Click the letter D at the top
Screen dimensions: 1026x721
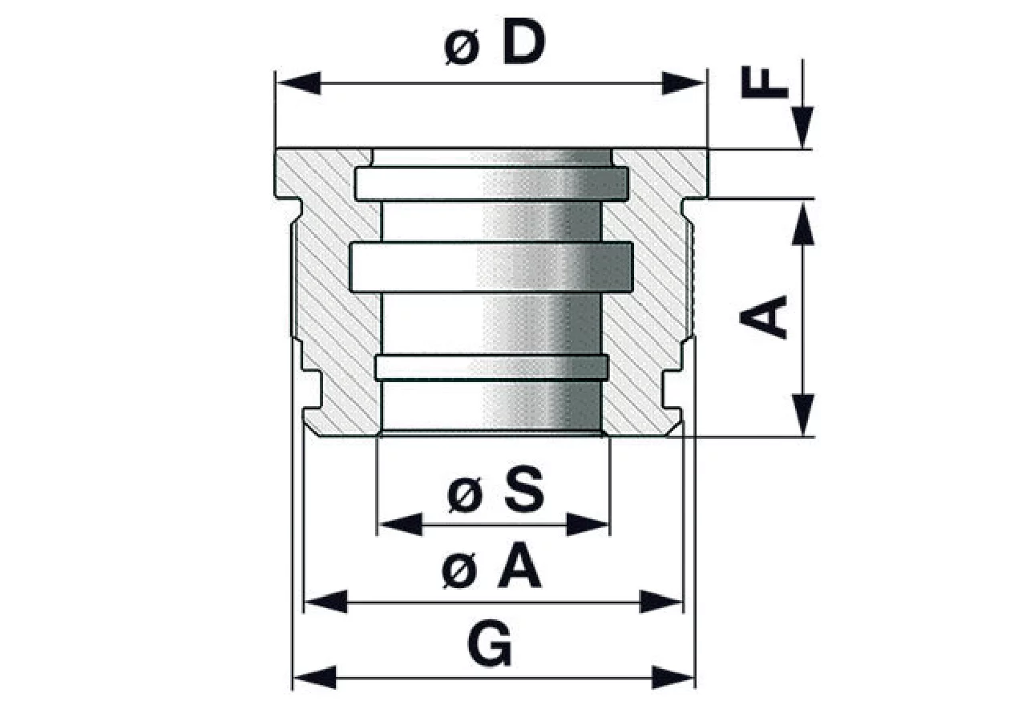click(x=524, y=42)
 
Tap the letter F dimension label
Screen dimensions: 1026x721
click(x=765, y=82)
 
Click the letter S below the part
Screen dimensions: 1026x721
click(x=525, y=489)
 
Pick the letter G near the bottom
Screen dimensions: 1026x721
click(x=490, y=643)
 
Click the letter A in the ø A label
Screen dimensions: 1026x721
click(x=520, y=565)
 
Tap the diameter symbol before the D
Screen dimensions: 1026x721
click(x=463, y=48)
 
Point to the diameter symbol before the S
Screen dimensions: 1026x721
click(x=466, y=496)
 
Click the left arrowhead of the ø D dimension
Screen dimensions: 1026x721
click(x=299, y=83)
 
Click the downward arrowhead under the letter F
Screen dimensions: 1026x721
click(x=802, y=127)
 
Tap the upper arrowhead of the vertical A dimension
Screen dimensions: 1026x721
click(x=802, y=224)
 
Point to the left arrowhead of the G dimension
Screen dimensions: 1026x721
click(x=315, y=678)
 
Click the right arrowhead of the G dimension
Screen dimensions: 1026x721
click(x=673, y=678)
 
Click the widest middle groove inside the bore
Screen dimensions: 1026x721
click(x=491, y=268)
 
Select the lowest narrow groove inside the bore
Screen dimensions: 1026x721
click(x=491, y=367)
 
